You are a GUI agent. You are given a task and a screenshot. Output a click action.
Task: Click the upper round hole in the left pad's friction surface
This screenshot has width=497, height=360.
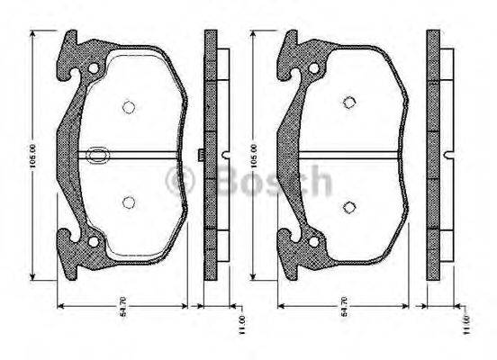128,106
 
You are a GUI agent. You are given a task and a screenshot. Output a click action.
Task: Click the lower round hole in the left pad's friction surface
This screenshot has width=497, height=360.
128,202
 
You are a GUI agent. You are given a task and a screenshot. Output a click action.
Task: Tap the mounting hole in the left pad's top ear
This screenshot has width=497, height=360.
93,67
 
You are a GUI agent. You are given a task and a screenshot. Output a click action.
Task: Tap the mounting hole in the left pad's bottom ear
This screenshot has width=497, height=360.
93,239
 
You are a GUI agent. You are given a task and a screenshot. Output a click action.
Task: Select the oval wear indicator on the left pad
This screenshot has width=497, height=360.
98,155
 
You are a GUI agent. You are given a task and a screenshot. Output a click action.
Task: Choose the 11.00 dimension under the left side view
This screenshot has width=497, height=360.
241,322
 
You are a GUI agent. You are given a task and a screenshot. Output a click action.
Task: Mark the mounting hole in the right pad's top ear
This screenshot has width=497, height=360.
312,67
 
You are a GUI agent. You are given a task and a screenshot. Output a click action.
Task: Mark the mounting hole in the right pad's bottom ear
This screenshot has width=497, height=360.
312,240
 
